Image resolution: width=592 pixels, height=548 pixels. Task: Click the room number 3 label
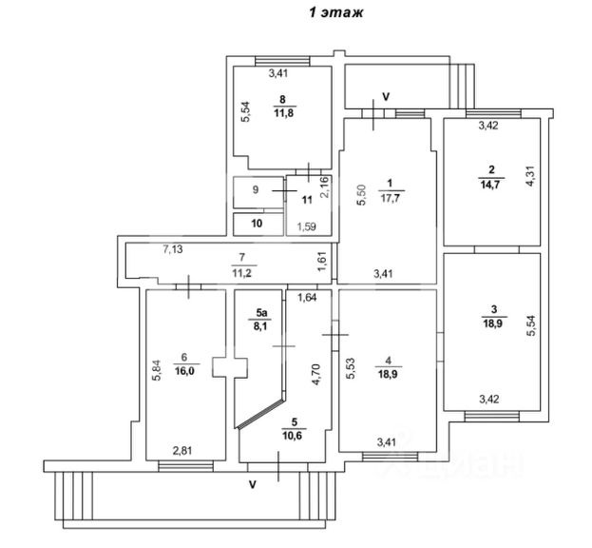(492, 307)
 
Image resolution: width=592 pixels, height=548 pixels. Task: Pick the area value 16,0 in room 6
(182, 370)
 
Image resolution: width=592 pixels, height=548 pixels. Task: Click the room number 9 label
(255, 190)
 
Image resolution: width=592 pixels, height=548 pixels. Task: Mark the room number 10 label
(256, 225)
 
